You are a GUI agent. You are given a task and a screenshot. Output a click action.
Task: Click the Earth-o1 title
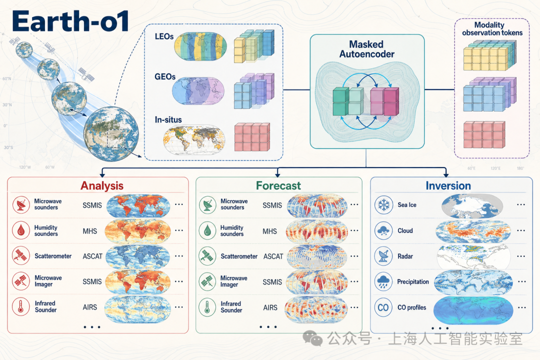[70, 21]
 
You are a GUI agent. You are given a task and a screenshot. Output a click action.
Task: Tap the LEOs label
[164, 36]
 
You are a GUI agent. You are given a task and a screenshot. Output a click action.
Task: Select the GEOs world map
[198, 91]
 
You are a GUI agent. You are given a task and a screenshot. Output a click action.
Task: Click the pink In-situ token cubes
[252, 137]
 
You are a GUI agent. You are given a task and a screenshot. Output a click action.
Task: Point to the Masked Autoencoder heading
[367, 49]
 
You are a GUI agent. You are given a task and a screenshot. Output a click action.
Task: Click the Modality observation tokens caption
[492, 29]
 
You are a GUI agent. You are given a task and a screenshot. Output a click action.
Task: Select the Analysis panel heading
[102, 185]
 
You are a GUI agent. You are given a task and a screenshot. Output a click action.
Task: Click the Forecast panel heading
[278, 185]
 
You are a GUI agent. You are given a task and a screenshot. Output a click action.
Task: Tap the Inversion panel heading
[448, 185]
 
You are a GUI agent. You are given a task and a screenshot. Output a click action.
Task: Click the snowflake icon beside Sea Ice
[383, 205]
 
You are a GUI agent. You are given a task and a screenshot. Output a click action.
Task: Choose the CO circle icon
[383, 307]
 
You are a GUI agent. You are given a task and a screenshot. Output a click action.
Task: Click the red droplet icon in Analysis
[21, 230]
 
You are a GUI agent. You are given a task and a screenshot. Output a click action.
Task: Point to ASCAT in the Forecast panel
[273, 256]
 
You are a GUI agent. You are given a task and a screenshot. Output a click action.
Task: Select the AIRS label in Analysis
[90, 307]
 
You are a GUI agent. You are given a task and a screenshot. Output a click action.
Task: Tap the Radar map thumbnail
[473, 256]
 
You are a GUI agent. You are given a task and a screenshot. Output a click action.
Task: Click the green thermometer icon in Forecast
[207, 307]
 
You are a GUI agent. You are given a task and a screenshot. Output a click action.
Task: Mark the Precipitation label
[413, 282]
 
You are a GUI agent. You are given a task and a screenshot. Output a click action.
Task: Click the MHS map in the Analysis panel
[138, 231]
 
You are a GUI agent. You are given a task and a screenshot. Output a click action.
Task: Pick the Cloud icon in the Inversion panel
[383, 231]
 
